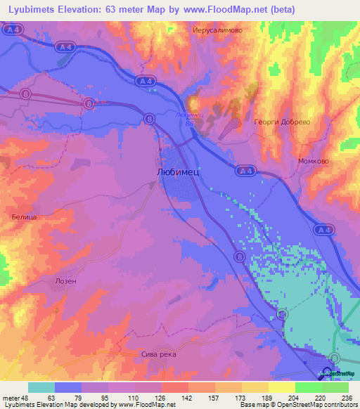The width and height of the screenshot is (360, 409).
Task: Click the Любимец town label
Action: [x=179, y=171]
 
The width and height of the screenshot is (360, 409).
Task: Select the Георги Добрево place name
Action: [x=281, y=121]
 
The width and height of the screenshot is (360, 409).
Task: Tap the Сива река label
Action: [x=159, y=354]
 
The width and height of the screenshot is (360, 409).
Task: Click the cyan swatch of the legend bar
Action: [x=41, y=387]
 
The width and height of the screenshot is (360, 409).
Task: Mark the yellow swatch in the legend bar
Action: [x=281, y=387]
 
